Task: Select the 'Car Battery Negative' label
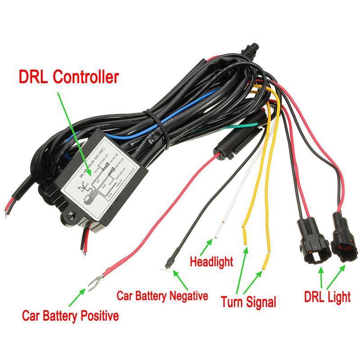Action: [x=162, y=296]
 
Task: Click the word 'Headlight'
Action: [x=211, y=261]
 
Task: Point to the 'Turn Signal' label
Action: [x=248, y=301]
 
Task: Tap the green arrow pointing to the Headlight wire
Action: [x=208, y=246]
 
